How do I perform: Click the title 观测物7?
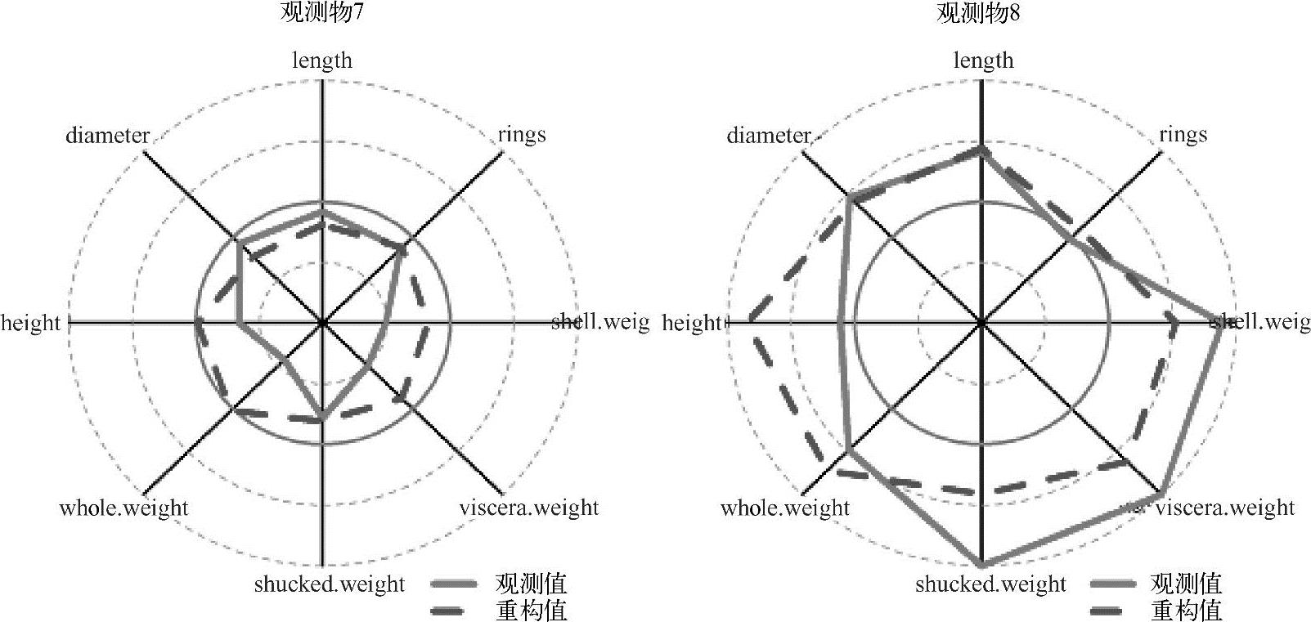pyautogui.click(x=321, y=14)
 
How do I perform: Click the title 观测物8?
pyautogui.click(x=980, y=14)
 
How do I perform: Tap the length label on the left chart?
pyautogui.click(x=322, y=60)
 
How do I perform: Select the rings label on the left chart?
pyautogui.click(x=522, y=134)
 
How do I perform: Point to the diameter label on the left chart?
pyautogui.click(x=108, y=135)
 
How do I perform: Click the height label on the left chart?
pyautogui.click(x=31, y=323)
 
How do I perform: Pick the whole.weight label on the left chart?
pyautogui.click(x=123, y=508)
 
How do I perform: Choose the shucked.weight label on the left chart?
pyautogui.click(x=329, y=584)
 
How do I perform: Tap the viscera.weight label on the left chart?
pyautogui.click(x=528, y=508)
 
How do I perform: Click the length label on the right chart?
pyautogui.click(x=983, y=60)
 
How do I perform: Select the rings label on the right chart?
pyautogui.click(x=1183, y=134)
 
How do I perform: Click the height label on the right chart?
pyautogui.click(x=692, y=324)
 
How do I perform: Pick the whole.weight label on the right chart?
pyautogui.click(x=785, y=508)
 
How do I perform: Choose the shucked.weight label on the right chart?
pyautogui.click(x=990, y=584)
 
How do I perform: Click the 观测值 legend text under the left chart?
pyautogui.click(x=531, y=584)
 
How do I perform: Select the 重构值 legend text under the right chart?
pyautogui.click(x=1187, y=610)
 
